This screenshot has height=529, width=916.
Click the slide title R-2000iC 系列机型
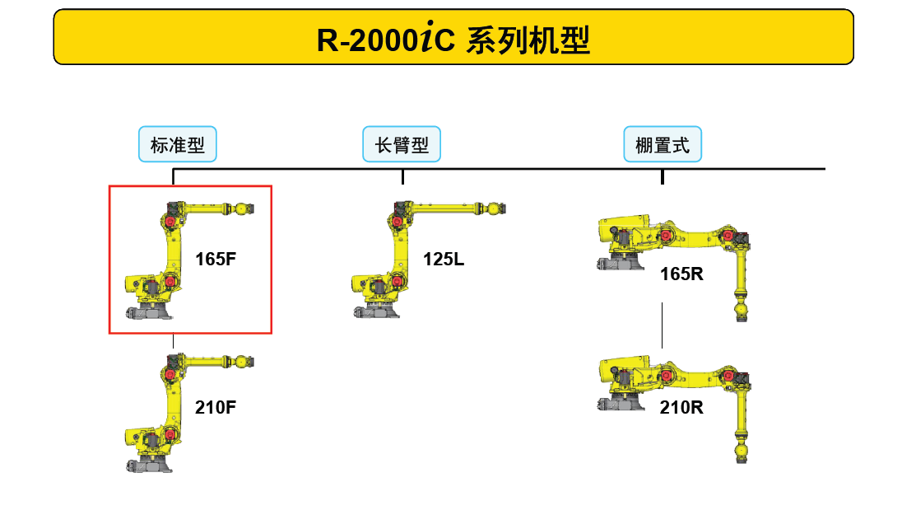(453, 39)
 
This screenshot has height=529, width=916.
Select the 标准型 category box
(177, 146)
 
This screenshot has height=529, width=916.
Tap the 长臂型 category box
(402, 146)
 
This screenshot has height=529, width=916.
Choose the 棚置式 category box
(663, 146)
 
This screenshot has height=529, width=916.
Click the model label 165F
(216, 259)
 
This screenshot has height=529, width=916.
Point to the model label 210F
(216, 406)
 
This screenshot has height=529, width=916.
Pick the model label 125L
(444, 260)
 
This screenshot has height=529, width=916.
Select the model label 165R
(681, 274)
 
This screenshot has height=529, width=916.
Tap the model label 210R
(681, 406)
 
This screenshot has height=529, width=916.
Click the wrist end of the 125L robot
(495, 209)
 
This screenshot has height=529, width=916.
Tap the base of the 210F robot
(150, 464)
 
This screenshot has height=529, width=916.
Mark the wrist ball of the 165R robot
(739, 311)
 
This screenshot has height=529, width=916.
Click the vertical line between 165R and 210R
(663, 325)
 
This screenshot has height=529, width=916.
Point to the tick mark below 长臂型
(402, 177)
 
